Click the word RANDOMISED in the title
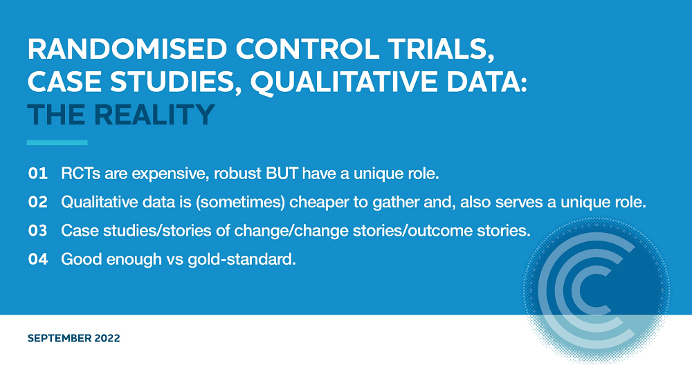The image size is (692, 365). (x=127, y=49)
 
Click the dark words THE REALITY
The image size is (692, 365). (x=121, y=115)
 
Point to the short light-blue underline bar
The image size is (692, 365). (x=57, y=142)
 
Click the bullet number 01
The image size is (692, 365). (x=37, y=174)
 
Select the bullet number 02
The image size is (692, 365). (x=37, y=202)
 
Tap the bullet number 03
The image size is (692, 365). (x=37, y=231)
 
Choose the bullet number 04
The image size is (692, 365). (x=37, y=259)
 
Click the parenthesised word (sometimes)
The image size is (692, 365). (x=240, y=203)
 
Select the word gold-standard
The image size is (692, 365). (x=242, y=260)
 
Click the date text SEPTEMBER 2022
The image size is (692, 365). (x=74, y=338)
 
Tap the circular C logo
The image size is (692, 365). (x=597, y=291)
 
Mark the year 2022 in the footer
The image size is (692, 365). (x=107, y=338)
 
